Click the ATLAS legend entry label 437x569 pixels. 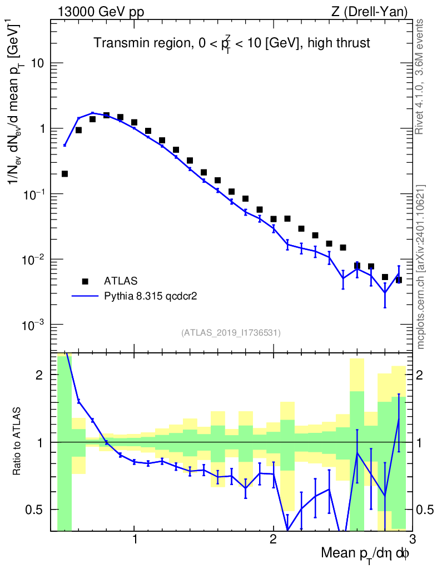pyautogui.click(x=121, y=280)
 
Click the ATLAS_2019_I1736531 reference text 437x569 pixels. pyautogui.click(x=231, y=333)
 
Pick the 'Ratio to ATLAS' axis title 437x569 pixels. pyautogui.click(x=18, y=441)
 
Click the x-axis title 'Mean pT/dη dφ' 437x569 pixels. pyautogui.click(x=365, y=553)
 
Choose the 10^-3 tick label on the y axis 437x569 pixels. pyautogui.click(x=34, y=325)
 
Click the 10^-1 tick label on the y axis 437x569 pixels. pyautogui.click(x=34, y=194)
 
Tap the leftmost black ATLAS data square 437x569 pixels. pyautogui.click(x=64, y=174)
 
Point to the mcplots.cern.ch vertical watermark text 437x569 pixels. pyautogui.click(x=421, y=267)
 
